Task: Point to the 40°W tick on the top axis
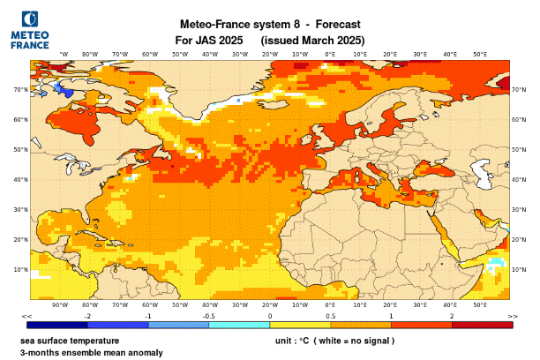coord(210,54)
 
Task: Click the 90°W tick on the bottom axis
coord(60,304)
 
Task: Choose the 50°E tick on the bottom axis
coord(480,304)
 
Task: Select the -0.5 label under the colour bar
coord(209,316)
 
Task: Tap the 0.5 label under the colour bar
coord(329,316)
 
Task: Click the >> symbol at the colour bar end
coord(513,316)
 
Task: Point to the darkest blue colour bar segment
coord(56,326)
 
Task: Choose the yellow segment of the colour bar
coord(299,326)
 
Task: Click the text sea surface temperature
coord(70,340)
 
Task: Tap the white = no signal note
coord(354,340)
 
